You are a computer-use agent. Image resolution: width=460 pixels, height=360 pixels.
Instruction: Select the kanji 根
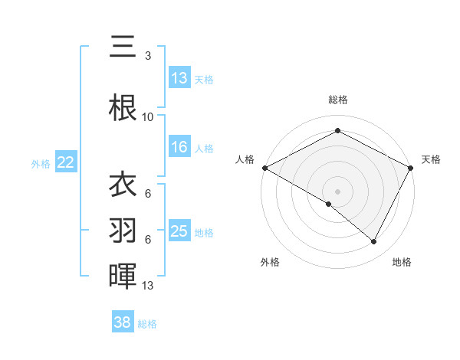123,107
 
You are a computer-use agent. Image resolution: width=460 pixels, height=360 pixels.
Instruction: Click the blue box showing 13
179,78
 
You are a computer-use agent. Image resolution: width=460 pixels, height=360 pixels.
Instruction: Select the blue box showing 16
179,147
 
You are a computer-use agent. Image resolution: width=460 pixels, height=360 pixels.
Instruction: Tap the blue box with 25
179,231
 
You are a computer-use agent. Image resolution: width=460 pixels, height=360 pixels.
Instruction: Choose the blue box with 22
65,162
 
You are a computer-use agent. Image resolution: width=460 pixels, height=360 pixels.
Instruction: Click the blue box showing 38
123,322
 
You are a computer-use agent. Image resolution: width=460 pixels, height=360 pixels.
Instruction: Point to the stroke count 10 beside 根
148,117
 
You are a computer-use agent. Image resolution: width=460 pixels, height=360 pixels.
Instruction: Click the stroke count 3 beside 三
148,56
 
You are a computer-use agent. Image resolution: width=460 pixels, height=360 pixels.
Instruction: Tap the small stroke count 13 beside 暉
148,286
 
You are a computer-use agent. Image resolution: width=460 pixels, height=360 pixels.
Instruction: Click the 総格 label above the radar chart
338,100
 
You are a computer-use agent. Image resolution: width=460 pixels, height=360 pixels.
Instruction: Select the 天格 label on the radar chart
431,159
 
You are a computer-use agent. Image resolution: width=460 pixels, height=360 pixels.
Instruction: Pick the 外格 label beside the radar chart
270,262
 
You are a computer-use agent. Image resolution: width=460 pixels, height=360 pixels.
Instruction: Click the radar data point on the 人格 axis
264,167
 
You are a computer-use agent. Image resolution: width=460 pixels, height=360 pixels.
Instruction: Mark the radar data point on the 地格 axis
374,242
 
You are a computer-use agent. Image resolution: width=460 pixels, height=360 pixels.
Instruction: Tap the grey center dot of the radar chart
337,190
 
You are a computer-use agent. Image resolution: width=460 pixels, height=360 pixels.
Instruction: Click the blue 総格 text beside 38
147,324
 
